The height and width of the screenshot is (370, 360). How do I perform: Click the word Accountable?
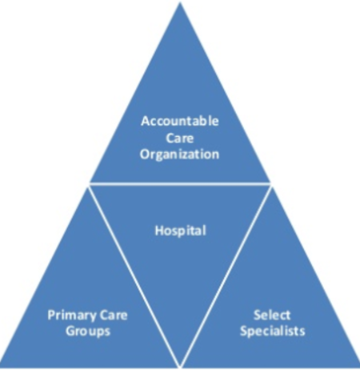click(180, 121)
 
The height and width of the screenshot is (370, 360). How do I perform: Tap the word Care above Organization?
click(180, 137)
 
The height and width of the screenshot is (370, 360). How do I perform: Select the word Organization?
click(180, 153)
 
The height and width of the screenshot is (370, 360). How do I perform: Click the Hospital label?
click(180, 231)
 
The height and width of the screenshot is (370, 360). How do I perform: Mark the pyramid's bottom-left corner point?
click(2, 364)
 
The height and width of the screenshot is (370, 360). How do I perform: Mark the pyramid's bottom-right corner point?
click(358, 364)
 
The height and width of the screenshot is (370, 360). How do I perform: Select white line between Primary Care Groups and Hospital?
click(134, 274)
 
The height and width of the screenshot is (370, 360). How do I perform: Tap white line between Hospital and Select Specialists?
click(226, 274)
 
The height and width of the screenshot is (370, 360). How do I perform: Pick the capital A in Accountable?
click(145, 121)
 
